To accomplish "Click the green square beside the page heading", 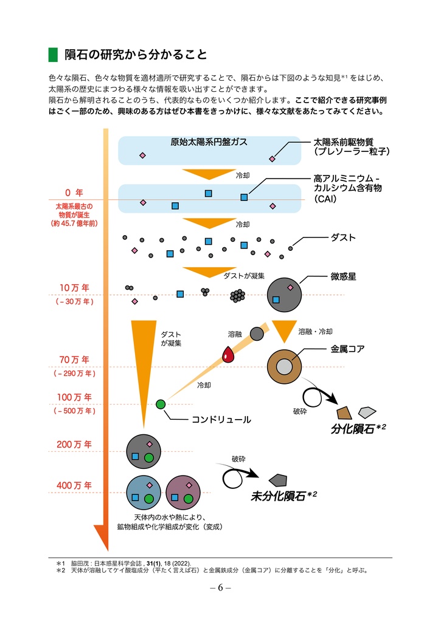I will tap(53, 55).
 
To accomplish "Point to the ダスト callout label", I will tap(343, 238).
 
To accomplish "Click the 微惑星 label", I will tap(343, 276).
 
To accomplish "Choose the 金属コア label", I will tap(347, 349).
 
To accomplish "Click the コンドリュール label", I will tap(221, 420).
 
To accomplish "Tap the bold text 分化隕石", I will tap(353, 429).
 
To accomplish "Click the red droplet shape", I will tap(228, 354).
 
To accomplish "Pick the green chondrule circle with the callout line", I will tap(161, 404).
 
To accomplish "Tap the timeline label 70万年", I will tap(74, 360).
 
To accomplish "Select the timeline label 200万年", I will tap(74, 444).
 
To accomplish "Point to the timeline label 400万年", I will tap(74, 485).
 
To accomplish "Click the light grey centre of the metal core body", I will tap(284, 367).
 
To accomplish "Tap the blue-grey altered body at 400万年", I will tap(144, 491).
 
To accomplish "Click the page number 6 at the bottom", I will tap(220, 588).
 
